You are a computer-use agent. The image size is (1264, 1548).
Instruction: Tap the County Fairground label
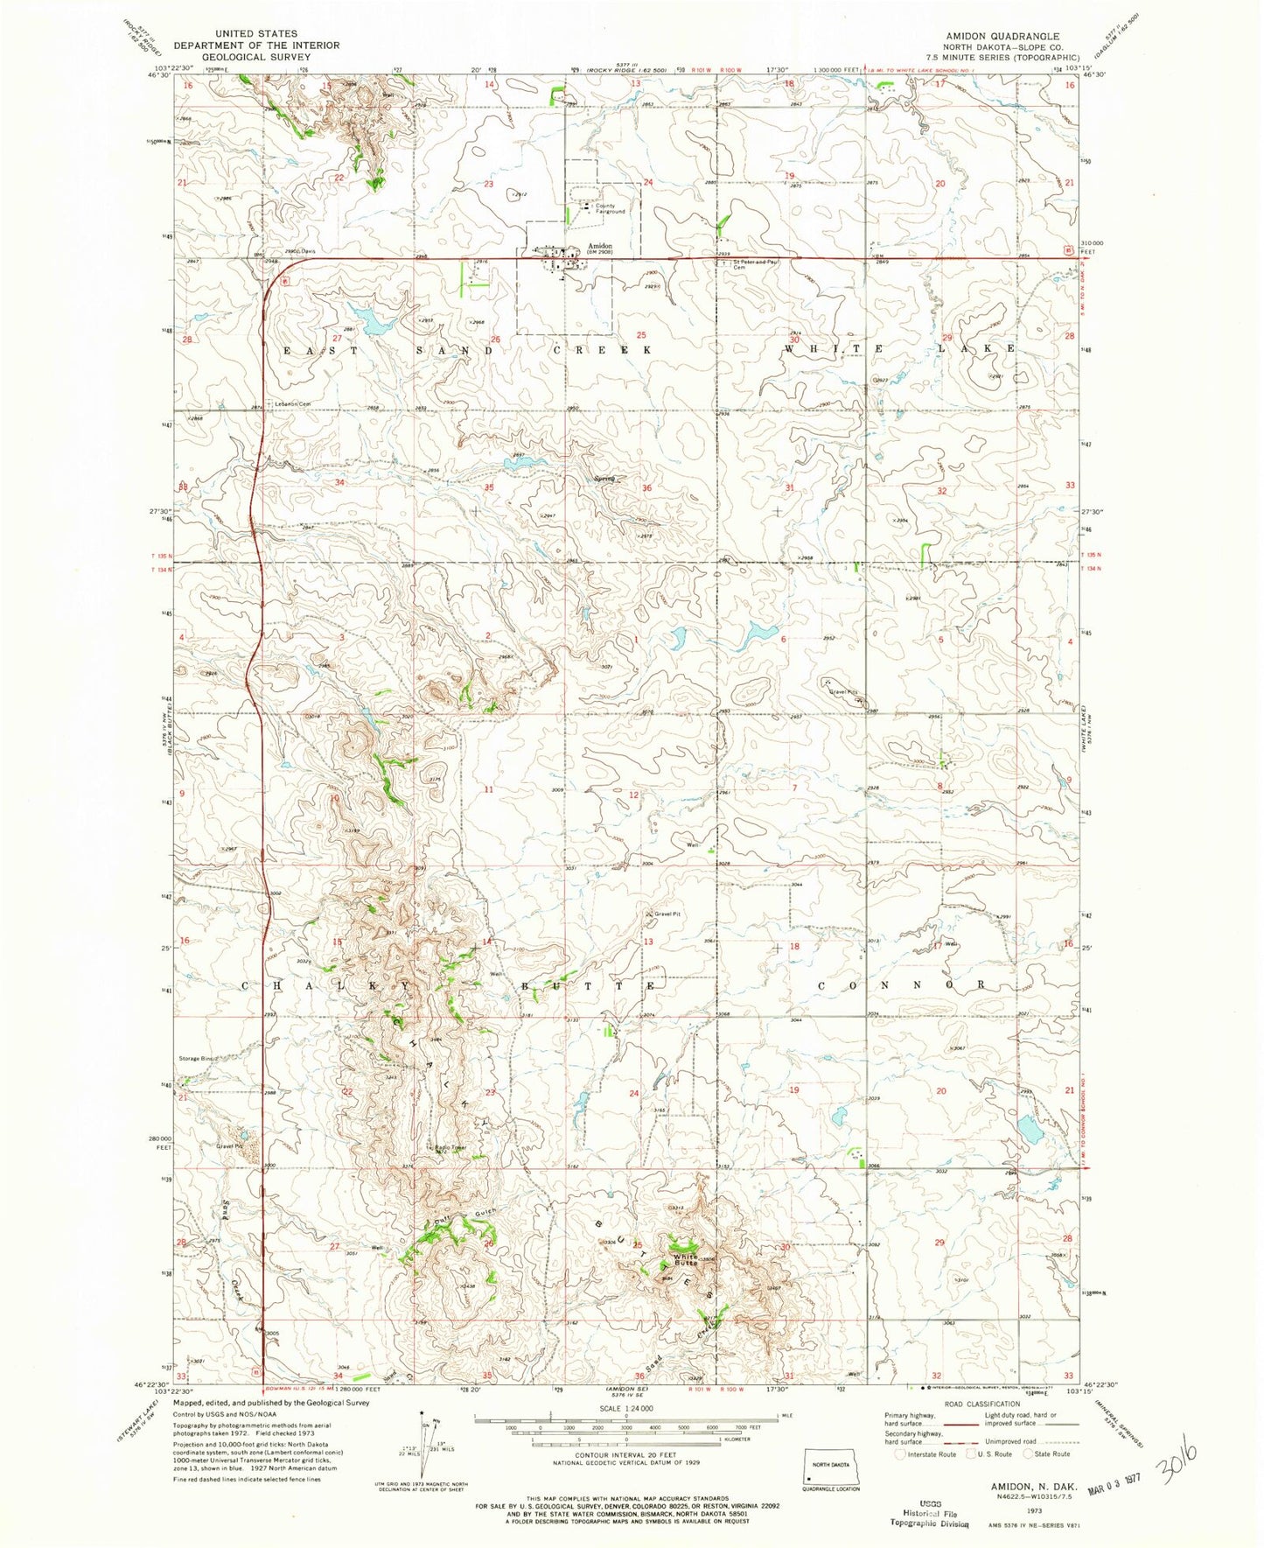point(611,209)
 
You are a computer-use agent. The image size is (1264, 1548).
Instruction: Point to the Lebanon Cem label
point(294,403)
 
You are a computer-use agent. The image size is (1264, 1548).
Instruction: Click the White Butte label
point(686,1262)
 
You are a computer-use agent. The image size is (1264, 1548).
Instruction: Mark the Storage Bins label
point(198,1059)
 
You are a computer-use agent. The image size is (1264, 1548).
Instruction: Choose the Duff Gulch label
point(464,1216)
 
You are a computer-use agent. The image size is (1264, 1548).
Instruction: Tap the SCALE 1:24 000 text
point(625,1408)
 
